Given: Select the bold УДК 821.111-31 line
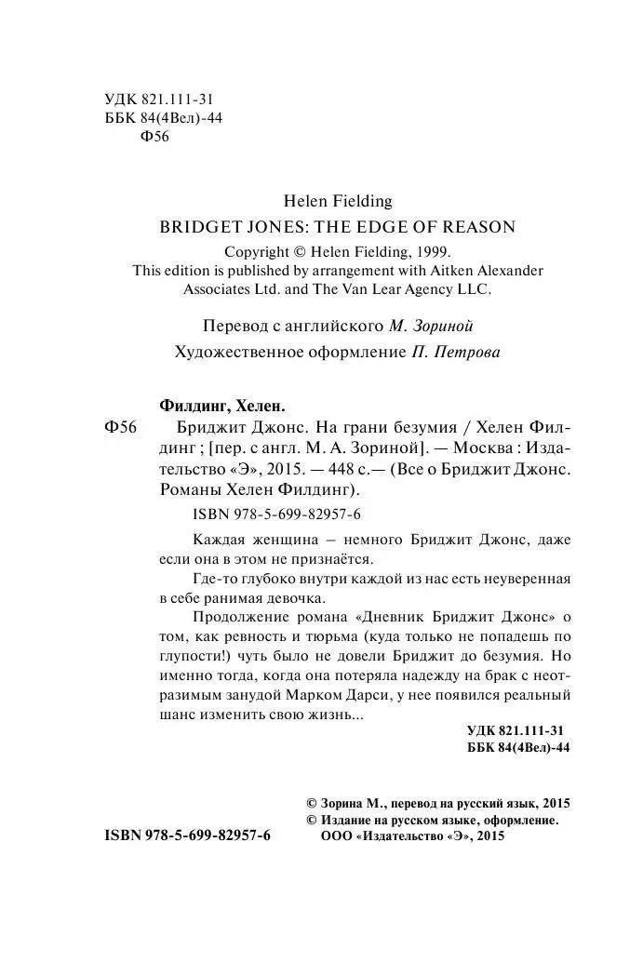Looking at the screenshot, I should [516, 733].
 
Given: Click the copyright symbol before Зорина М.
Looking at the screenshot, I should [312, 803].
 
